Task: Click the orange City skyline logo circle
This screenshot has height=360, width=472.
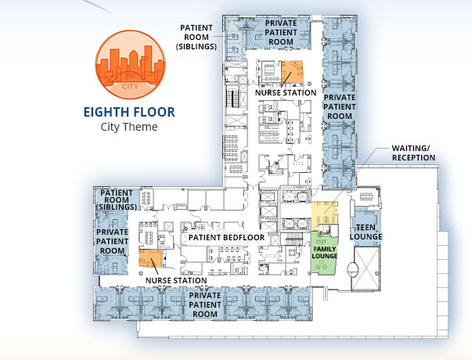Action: [130, 64]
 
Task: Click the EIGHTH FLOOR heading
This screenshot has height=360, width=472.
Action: [129, 112]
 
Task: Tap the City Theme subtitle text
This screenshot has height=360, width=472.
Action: [129, 127]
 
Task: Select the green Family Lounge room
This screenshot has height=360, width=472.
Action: [323, 253]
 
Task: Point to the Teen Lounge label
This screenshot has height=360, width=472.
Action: [366, 232]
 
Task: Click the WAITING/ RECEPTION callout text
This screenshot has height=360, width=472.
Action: [413, 153]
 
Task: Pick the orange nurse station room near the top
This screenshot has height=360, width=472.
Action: [292, 71]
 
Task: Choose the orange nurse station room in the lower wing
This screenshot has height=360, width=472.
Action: [150, 258]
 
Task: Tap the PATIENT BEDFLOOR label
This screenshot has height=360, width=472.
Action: [226, 237]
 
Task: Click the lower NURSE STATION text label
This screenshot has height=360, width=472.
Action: [176, 280]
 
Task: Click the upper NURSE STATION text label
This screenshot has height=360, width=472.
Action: [286, 92]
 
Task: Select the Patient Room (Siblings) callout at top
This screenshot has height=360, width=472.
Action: [196, 37]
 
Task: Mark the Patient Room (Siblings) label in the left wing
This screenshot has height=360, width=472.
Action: [117, 200]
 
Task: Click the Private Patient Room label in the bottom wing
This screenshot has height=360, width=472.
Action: [205, 304]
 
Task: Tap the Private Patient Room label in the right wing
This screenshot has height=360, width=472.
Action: [340, 106]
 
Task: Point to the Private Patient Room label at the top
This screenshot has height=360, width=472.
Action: [281, 32]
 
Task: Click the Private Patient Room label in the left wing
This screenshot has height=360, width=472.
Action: [112, 241]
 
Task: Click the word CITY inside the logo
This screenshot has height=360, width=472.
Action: [130, 86]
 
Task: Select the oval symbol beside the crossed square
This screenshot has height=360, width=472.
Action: [353, 269]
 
